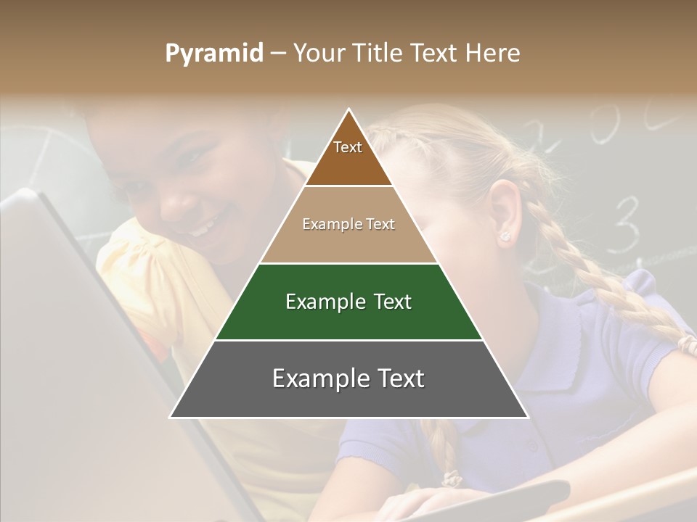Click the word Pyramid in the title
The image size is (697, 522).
pos(213,54)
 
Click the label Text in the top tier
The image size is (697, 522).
pos(348,147)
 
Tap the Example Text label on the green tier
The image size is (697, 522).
pos(348,302)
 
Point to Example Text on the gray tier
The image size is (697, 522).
pos(348,378)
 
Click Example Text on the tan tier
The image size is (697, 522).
pos(348,224)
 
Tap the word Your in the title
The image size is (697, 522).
pos(317,54)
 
